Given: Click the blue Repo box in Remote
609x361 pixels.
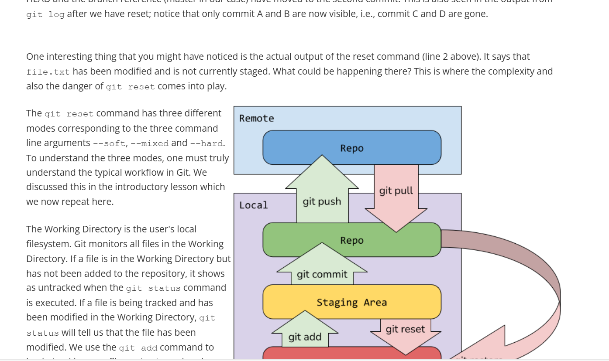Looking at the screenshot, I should coord(351,148).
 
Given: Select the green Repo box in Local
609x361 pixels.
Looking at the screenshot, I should coord(351,240).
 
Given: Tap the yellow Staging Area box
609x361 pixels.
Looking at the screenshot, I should coord(351,302).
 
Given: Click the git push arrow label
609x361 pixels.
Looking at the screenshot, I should coord(322,201).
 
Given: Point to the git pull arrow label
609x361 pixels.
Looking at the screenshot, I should coord(396,191).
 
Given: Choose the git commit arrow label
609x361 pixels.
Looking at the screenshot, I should coord(322,274).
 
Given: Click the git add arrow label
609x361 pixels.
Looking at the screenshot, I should coord(305,337).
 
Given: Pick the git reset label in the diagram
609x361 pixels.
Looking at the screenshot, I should coord(405,329).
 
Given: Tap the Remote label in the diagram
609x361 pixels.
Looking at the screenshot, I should coord(257,119).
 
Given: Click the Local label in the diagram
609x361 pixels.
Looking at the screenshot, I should coord(254,205).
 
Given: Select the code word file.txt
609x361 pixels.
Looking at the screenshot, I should coord(48,72).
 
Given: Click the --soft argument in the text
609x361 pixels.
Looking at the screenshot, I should coord(109,143).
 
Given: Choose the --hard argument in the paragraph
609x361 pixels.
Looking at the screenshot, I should coord(207,143).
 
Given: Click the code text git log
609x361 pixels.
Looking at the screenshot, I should coord(45,14).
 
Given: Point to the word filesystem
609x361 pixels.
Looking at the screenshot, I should coord(48,244).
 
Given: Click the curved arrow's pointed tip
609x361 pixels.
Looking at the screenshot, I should coord(451,358).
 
